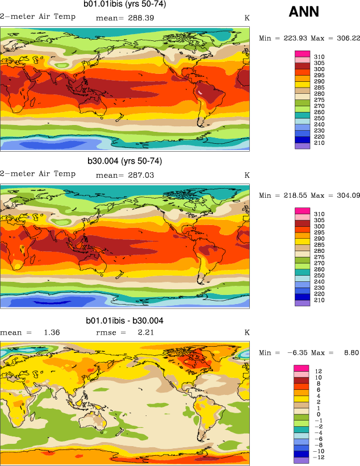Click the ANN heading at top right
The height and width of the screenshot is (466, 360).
tap(304, 11)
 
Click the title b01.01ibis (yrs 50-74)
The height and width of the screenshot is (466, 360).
tap(124, 5)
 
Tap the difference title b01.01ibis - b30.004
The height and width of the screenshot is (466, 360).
tap(125, 321)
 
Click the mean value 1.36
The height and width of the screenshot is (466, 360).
tap(51, 332)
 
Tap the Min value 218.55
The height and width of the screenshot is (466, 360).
tap(292, 195)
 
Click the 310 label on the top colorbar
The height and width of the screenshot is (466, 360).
tap(319, 56)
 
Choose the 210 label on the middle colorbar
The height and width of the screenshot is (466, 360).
tap(319, 299)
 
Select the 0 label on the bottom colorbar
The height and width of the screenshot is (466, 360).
tap(318, 414)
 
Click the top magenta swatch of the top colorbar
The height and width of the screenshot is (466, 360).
tap(302, 53)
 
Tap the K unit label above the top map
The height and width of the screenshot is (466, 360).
tap(247, 18)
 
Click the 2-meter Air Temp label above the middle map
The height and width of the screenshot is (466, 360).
tap(38, 174)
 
